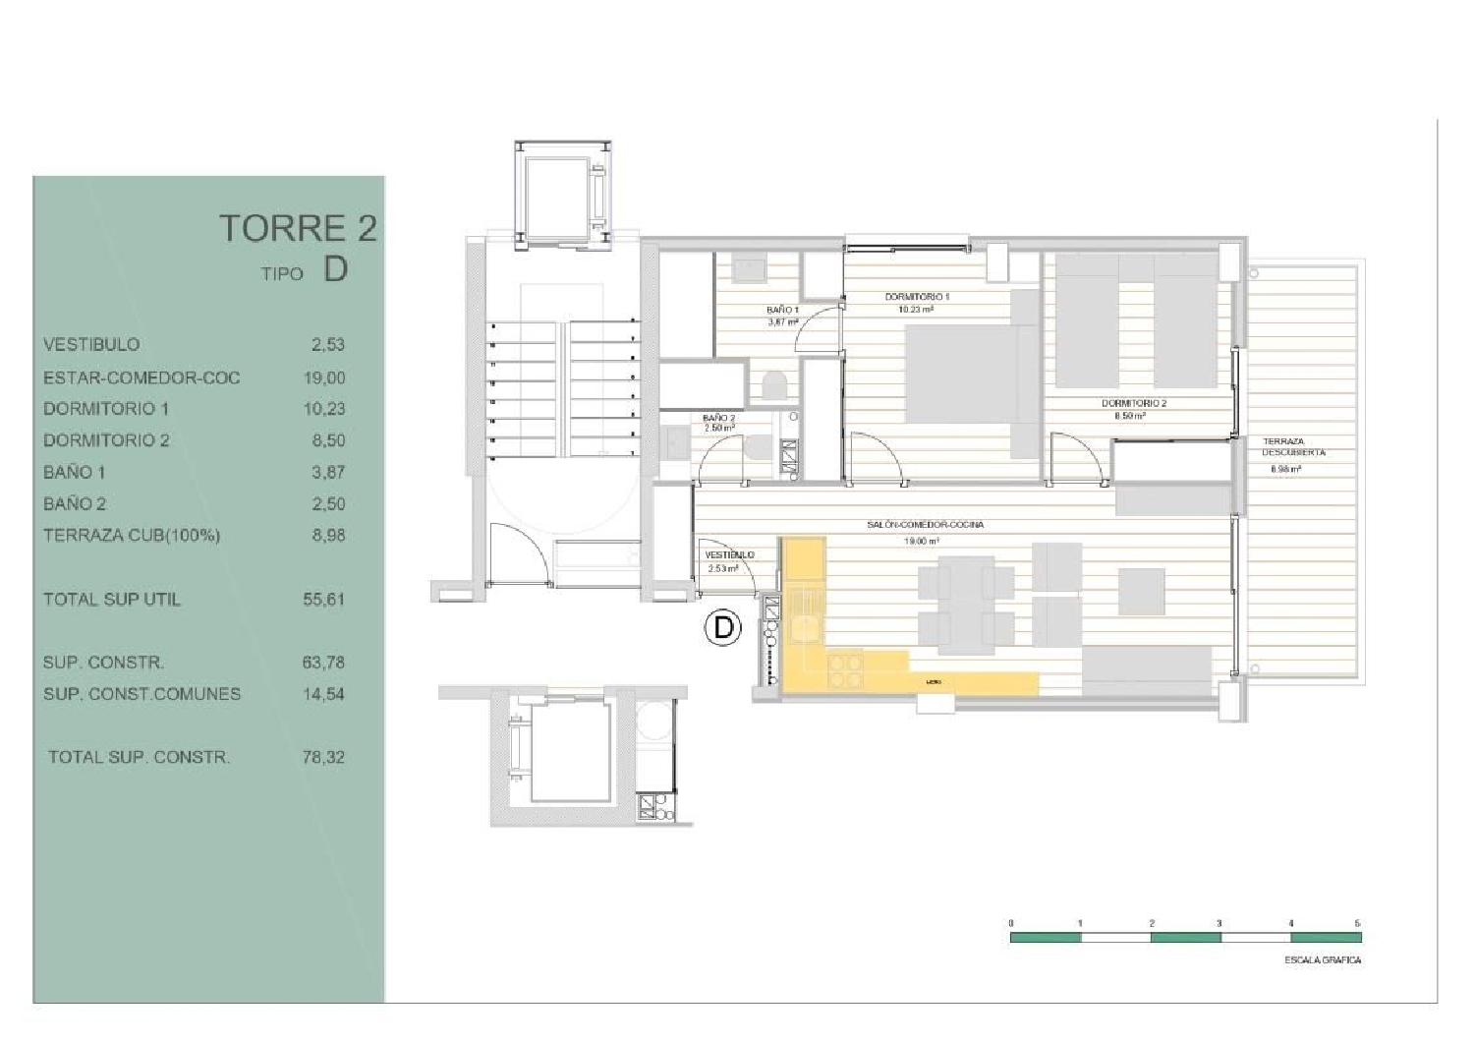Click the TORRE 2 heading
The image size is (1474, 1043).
pos(297,228)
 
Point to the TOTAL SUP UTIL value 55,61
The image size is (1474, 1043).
pos(324,599)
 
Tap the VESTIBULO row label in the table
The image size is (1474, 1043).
pos(91,345)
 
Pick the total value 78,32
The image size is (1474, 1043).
pos(324,757)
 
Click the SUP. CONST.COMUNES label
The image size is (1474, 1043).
pos(142,694)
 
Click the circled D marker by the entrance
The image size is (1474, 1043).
pos(723,627)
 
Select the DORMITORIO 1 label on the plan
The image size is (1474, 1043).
pos(916,296)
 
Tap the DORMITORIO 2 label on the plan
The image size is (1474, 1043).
pos(1133,403)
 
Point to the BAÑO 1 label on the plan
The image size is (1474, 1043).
pos(782,310)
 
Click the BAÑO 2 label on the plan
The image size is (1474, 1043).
pos(718,418)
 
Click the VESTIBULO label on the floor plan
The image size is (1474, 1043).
pos(729,554)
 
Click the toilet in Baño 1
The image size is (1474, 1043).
pos(773,385)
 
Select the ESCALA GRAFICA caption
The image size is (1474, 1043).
pos(1323,959)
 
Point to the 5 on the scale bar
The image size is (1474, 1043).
pos(1357,923)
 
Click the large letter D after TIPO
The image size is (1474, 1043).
pos(335,269)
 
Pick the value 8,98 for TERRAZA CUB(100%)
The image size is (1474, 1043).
pos(328,536)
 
